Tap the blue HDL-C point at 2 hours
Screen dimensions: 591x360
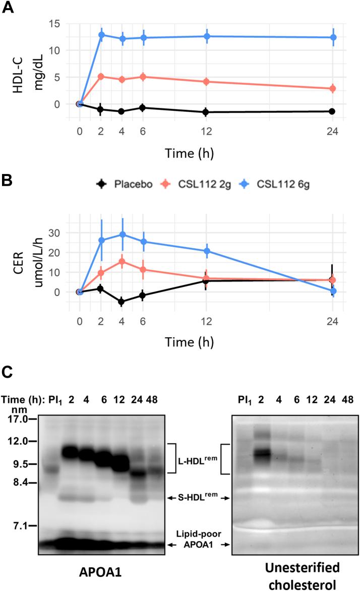[x=101, y=35]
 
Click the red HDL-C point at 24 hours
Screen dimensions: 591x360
[x=332, y=89]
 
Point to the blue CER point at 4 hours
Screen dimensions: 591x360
[x=122, y=234]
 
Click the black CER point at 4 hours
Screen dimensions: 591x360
[x=122, y=302]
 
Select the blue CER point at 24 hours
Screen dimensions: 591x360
[x=332, y=291]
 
